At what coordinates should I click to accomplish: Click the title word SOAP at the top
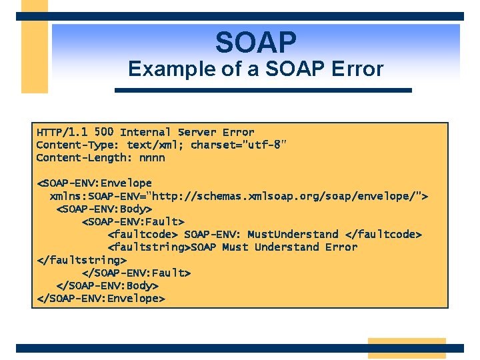point(255,43)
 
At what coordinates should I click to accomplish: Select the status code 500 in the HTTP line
point(103,132)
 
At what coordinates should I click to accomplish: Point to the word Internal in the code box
point(145,132)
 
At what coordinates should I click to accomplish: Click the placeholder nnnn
point(152,158)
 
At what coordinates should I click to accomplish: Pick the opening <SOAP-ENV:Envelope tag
point(94,183)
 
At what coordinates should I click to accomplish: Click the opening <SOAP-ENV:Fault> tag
point(133,221)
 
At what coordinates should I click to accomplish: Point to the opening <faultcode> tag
point(143,234)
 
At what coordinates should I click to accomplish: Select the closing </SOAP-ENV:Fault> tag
point(136,273)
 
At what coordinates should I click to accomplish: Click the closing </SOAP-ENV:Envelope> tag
point(100,298)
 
